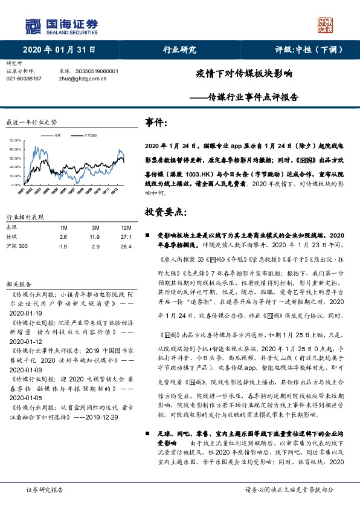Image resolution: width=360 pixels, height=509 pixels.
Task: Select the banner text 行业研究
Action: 180,50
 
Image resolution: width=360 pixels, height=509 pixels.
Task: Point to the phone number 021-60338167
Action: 24,79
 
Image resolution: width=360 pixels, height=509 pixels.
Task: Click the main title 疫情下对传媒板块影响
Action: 244,74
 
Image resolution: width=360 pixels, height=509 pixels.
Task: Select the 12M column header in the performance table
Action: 109,227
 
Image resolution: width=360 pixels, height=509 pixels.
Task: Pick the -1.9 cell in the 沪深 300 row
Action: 63,246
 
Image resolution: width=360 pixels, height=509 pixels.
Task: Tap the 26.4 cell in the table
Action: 109,246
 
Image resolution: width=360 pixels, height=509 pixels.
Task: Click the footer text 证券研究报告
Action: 45,489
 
